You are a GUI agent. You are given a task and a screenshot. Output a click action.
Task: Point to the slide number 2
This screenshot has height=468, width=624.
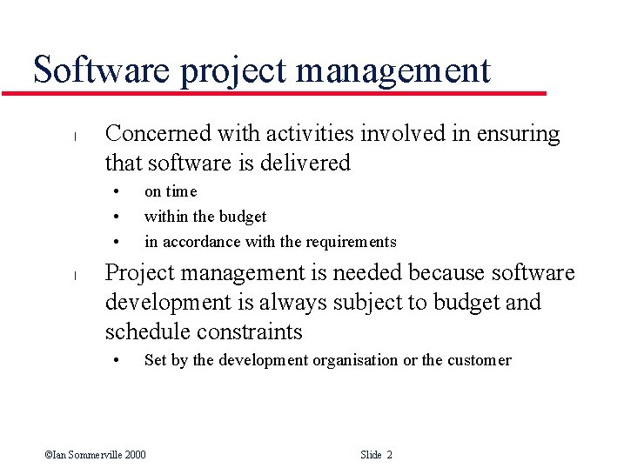point(389,455)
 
